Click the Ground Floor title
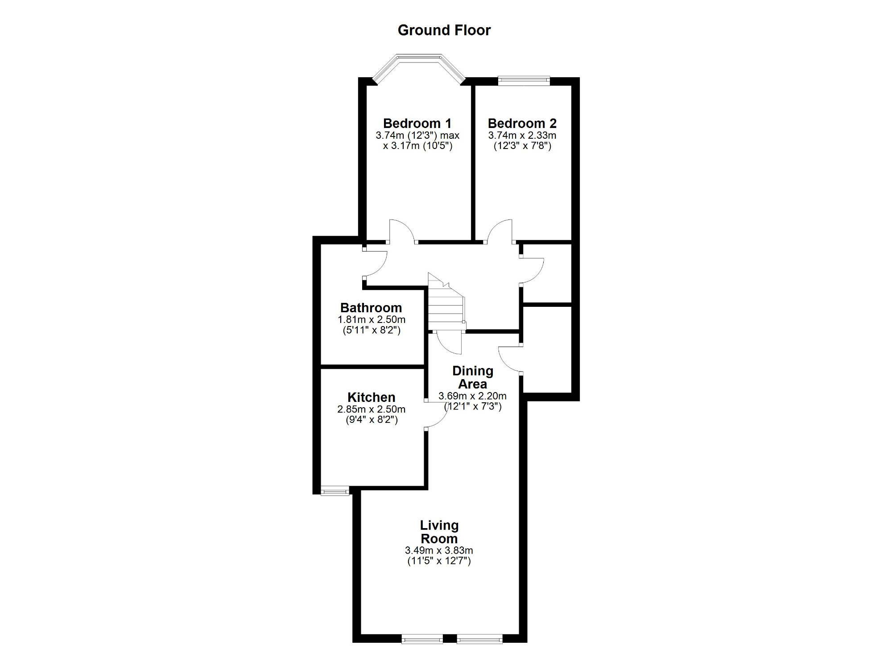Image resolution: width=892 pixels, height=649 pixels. coord(444,30)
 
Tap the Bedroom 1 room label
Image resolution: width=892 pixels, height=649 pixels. coord(417,124)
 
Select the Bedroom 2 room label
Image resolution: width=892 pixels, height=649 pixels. coord(522,124)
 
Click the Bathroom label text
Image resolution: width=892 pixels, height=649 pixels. coord(371,308)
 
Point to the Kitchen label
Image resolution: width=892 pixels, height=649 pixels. coord(371,397)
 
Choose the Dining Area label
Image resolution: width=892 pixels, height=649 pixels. coord(473,377)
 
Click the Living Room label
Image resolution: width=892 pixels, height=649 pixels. coord(439,532)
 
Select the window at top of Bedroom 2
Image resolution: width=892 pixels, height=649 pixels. coord(524,80)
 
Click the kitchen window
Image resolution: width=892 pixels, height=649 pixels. coord(335,492)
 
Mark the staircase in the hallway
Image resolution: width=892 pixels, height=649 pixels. coord(446,303)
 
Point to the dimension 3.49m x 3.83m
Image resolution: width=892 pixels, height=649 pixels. coord(439,551)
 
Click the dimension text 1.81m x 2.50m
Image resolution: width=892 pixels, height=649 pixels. coord(372,320)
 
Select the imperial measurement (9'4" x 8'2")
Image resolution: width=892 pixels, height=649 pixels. coord(372,420)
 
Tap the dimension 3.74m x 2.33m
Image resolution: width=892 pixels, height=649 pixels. coord(522,136)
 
